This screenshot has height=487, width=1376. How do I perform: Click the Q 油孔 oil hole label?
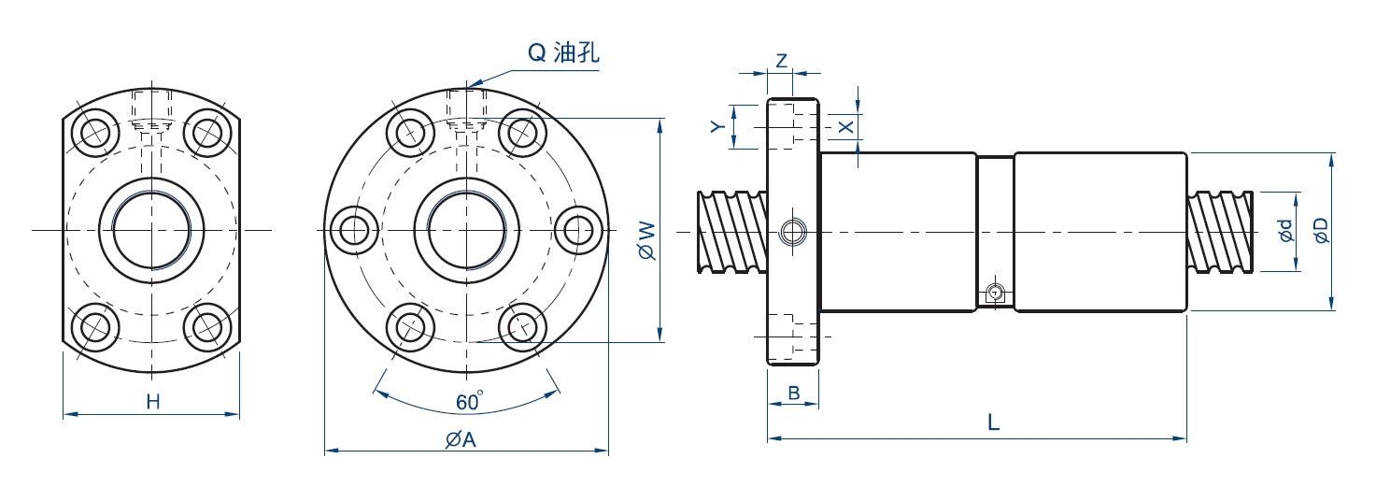[x=563, y=53]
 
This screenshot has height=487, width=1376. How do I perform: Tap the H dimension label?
[x=153, y=402]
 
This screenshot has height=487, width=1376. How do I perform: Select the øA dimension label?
[x=461, y=439]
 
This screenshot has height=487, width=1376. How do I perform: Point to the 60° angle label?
[x=469, y=402]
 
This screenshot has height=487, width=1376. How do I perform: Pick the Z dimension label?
[x=781, y=60]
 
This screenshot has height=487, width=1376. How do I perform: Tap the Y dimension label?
[x=716, y=126]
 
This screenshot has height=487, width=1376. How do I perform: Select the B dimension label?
[x=793, y=394]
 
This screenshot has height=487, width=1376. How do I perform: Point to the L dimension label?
[x=994, y=423]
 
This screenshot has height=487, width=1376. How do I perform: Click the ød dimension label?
[x=1286, y=231]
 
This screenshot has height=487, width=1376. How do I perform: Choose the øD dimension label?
[x=1320, y=231]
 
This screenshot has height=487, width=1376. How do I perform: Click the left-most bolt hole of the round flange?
[x=356, y=229]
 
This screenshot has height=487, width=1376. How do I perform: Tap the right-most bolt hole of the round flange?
[x=575, y=229]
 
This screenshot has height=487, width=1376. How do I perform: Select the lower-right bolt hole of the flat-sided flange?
[x=206, y=326]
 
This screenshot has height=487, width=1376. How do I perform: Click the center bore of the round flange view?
[x=466, y=229]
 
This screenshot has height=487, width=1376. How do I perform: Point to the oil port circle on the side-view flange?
[x=793, y=230]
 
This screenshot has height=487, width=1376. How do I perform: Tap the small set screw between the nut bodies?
[x=996, y=294]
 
